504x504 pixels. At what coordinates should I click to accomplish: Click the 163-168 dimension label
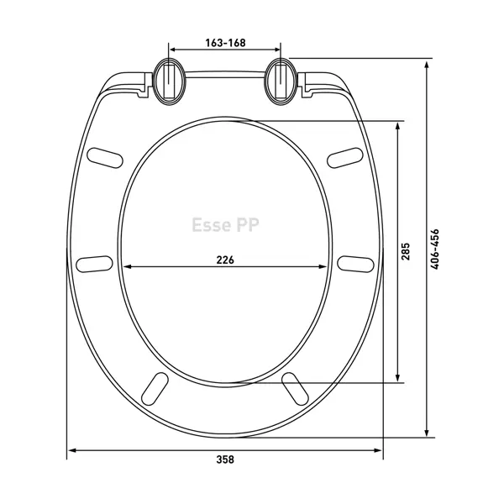(225, 43)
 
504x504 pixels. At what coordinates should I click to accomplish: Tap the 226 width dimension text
(225, 260)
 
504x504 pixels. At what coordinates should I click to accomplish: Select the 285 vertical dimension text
(406, 251)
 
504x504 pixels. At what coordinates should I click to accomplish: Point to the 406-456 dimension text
(434, 249)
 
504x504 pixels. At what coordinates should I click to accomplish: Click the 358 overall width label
(225, 459)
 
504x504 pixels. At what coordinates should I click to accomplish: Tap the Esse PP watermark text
(225, 224)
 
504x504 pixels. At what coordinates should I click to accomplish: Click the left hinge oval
(169, 81)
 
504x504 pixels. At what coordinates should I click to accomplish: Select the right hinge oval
(281, 81)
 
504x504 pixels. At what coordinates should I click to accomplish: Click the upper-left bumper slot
(105, 158)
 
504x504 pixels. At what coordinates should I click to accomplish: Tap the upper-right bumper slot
(345, 158)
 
